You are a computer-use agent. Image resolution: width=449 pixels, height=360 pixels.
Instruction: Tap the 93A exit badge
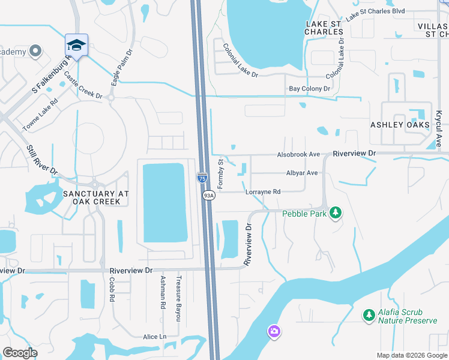point(208,196)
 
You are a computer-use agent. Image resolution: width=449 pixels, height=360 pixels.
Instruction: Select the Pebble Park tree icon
point(336,213)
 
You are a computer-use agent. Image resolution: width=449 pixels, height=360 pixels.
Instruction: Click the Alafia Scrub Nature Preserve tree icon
point(369,314)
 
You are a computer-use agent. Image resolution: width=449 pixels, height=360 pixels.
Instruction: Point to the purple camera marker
point(274,331)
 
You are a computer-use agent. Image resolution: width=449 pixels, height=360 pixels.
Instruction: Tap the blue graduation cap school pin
point(76,45)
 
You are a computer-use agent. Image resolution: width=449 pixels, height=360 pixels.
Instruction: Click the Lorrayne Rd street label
point(263,192)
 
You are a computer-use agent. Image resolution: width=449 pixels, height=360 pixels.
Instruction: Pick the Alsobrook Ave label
point(298,154)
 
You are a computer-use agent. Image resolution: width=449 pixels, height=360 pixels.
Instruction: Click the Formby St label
point(220,173)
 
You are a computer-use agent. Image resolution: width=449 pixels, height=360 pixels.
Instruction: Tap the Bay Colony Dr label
point(310,89)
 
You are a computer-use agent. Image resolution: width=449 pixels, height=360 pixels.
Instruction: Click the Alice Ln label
point(154,337)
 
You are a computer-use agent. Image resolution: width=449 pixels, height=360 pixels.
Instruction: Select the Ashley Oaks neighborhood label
point(399,125)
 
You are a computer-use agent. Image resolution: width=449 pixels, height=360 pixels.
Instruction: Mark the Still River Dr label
point(43,160)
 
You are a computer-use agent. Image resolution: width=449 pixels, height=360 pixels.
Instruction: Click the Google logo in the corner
point(20,353)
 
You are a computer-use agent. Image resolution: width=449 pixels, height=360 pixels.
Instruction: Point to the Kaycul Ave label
point(439,127)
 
